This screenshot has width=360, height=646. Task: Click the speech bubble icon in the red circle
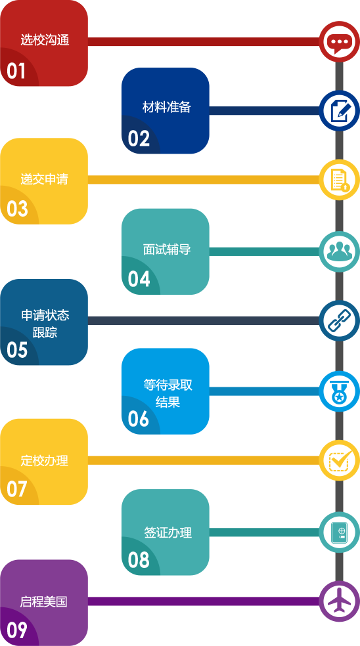tap(340, 43)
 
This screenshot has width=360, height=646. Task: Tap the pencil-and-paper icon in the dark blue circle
tap(340, 111)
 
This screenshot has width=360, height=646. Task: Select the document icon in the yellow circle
tap(340, 180)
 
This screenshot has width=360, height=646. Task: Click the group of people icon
tap(340, 251)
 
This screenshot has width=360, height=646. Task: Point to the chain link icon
tap(340, 321)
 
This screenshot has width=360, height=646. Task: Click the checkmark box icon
tap(340, 460)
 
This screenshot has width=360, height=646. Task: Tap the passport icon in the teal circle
tap(340, 532)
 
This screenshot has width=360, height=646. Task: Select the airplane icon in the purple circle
tap(340, 601)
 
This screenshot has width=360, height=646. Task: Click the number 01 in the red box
tap(16, 71)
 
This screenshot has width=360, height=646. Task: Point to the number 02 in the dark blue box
tap(139, 139)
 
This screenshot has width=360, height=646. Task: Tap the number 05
tap(17, 350)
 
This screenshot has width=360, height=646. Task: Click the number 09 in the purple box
tap(17, 630)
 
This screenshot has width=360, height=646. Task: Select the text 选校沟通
tap(45, 41)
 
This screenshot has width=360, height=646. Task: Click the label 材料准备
tap(167, 107)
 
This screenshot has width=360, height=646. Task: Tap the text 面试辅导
tap(167, 249)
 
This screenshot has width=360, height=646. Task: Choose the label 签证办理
tap(168, 532)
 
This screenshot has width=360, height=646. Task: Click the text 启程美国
tap(44, 602)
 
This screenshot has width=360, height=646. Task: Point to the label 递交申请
tap(44, 180)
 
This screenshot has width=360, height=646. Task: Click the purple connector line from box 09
tap(204, 601)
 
